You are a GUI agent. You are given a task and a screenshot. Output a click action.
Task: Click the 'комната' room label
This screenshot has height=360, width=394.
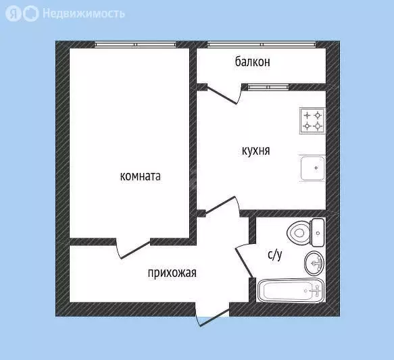[140, 177]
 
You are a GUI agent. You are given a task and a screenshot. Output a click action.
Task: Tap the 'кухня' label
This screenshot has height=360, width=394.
[255, 151]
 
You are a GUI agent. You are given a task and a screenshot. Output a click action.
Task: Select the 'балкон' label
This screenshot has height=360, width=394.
[253, 62]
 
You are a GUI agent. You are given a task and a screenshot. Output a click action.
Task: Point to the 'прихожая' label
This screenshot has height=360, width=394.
[172, 273]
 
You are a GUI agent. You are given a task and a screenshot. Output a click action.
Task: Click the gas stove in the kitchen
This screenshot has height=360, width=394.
[312, 121]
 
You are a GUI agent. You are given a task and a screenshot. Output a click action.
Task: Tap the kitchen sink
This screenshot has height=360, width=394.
[313, 168]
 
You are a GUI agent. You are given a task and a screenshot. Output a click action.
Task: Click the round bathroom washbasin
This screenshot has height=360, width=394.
[314, 261]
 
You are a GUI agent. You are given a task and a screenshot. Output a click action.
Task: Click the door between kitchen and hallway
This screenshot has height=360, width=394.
[223, 206]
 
